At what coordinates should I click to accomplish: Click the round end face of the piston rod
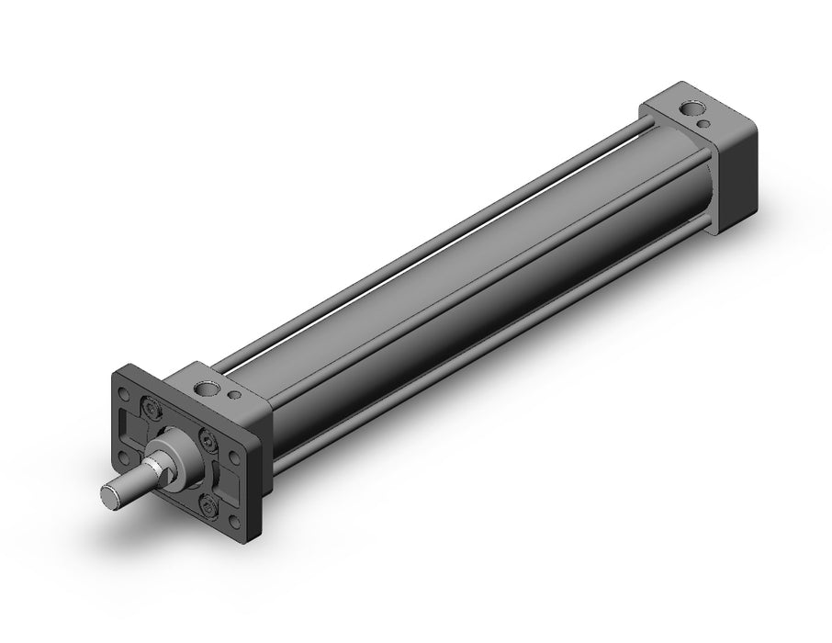[113, 497]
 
